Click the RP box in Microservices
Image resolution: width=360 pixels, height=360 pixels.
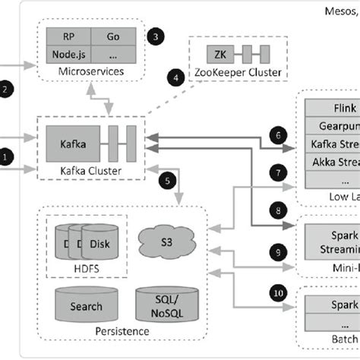point(68,36)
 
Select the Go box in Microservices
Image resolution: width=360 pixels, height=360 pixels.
point(113,36)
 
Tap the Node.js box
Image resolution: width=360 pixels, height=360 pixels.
point(68,55)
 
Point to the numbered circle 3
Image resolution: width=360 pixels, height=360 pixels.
point(156,36)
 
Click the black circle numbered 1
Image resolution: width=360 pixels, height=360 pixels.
point(7,157)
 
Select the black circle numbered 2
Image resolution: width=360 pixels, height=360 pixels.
point(7,90)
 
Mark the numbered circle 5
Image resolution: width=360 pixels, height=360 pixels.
point(168,181)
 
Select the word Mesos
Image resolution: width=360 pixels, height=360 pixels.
point(337,10)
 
